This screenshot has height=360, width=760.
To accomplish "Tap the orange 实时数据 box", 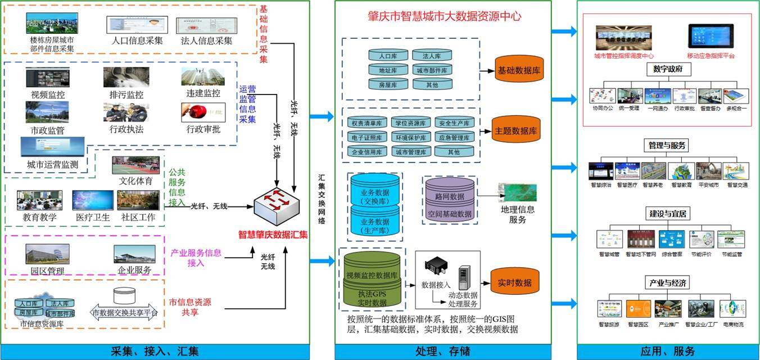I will [514, 283].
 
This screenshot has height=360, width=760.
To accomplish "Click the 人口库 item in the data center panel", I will [388, 56].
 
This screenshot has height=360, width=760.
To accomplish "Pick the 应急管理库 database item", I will [454, 137].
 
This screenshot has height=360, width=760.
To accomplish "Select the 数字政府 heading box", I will [668, 69].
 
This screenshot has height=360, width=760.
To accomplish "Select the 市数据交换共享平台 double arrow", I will [125, 312].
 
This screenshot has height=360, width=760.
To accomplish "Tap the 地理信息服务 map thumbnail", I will [518, 192].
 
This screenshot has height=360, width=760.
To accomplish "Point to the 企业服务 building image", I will [134, 254].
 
